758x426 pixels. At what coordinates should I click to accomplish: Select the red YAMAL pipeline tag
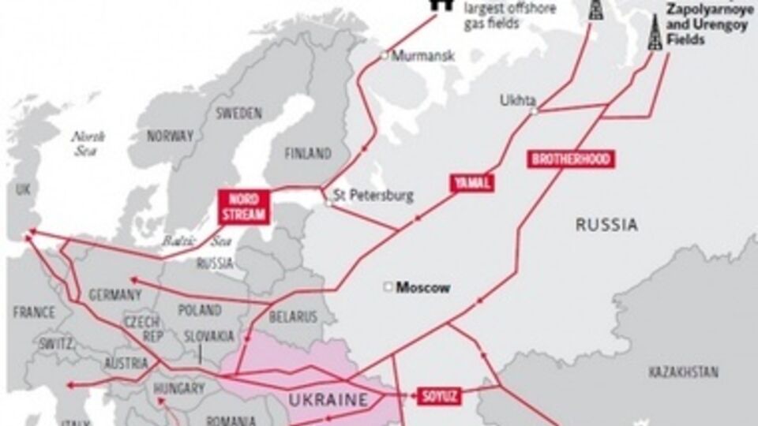[472, 183]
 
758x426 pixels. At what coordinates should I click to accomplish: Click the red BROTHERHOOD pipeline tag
[571, 159]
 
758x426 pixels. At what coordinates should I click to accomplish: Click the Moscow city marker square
[388, 287]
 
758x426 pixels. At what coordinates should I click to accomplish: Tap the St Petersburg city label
[373, 195]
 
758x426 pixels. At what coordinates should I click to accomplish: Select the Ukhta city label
[517, 100]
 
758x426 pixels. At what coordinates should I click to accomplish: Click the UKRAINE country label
[329, 399]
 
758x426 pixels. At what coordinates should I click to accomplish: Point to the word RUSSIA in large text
[606, 225]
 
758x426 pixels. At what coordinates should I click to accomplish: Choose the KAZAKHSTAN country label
[683, 370]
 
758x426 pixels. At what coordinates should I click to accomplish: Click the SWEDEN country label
[238, 114]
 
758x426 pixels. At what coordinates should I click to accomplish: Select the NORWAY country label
[171, 135]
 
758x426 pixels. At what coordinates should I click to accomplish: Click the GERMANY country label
[115, 294]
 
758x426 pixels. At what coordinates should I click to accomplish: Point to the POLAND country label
[200, 309]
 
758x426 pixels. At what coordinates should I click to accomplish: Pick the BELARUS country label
[293, 316]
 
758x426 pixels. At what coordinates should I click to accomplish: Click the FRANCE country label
[34, 312]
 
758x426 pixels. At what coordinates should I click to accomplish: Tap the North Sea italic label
[88, 143]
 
